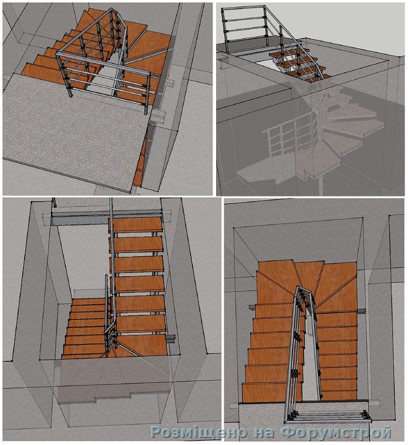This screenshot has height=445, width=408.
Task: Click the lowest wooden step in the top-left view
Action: click(42, 73)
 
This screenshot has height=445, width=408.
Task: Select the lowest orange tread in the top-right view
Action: click(308, 75)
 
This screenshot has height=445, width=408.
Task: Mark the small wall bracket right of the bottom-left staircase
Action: click(171, 339)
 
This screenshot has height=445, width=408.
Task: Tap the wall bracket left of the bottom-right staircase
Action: click(252, 307)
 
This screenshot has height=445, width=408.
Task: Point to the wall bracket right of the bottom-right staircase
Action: click(361, 312)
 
